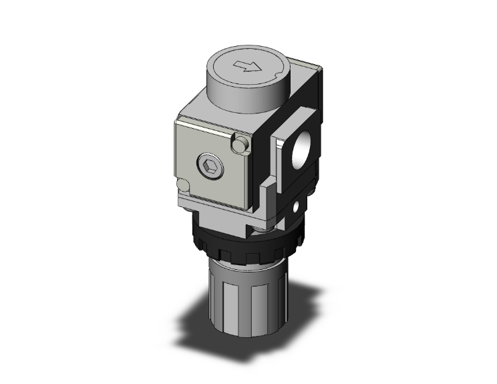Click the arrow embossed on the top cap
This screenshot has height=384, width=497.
[x=248, y=66]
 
